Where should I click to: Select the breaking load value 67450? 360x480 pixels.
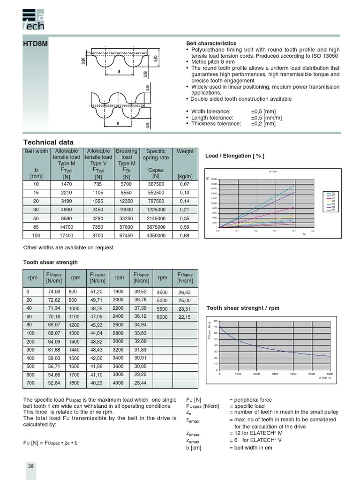tap(127, 235)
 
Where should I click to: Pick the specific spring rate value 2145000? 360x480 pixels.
tap(156, 218)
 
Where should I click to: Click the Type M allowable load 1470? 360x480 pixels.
tap(67, 185)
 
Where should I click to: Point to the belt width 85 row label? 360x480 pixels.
tap(36, 227)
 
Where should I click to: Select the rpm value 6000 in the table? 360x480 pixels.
tap(162, 317)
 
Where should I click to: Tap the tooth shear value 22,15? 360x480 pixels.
tap(185, 317)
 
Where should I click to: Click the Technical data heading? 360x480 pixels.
tap(48, 142)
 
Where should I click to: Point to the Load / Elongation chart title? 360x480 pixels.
tap(234, 156)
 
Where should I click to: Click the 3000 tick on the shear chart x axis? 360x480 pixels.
tap(275, 374)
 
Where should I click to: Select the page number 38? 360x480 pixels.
tap(30, 466)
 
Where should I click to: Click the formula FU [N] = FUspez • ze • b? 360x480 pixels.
tap(50, 442)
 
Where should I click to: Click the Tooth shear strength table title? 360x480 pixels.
tap(51, 262)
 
